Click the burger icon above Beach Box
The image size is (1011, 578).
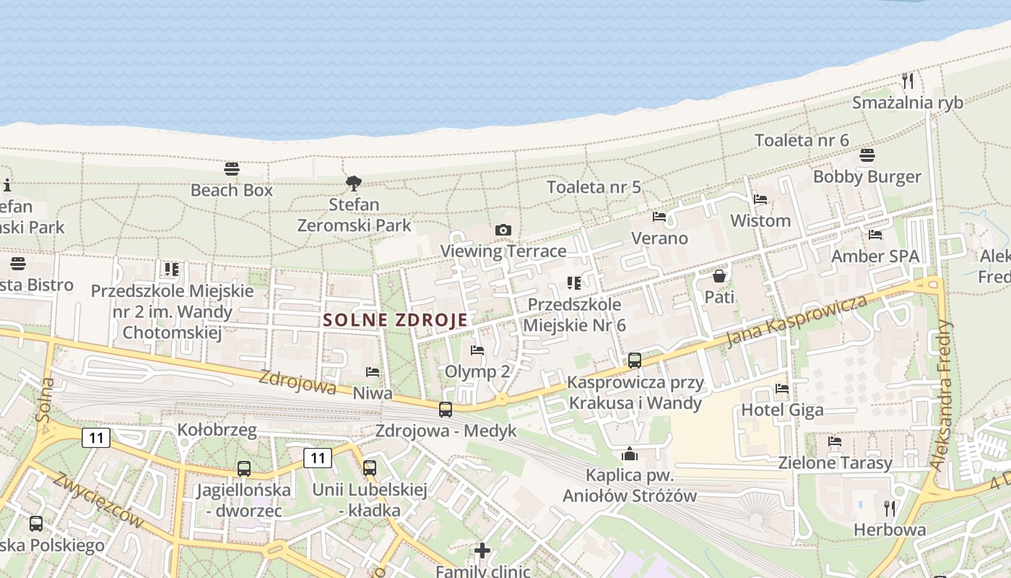point(232,169)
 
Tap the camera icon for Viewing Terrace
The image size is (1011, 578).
point(503,230)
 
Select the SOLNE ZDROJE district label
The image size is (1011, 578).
point(395,319)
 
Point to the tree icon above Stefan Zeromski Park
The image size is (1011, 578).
point(353,183)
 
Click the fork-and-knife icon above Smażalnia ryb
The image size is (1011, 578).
point(908,80)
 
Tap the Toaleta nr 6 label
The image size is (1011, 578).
point(802,140)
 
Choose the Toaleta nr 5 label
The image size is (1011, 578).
point(594,187)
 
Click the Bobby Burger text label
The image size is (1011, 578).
point(867,177)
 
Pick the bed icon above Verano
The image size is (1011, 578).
point(659,216)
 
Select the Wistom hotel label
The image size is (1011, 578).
point(760,220)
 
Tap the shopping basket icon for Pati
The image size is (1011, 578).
point(719,275)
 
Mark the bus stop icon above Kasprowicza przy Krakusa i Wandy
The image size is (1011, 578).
point(635,360)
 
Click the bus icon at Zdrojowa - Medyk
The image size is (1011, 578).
point(446,410)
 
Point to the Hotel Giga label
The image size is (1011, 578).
point(782,410)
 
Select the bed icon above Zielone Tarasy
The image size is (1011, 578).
point(835,441)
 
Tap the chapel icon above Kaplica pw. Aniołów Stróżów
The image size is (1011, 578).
point(630,454)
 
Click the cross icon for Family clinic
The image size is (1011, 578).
point(482,551)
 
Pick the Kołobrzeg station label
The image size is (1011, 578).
point(217,431)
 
